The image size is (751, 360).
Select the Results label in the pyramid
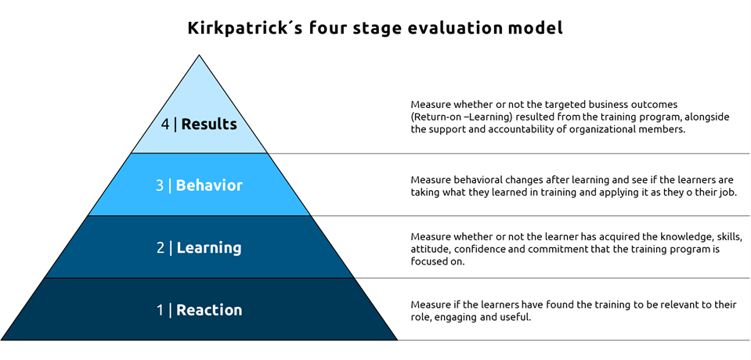209,124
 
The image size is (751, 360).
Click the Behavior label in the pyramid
209,185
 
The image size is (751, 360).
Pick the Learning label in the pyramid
209,248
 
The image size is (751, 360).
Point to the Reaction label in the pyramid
209,310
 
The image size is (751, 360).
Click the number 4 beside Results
165,124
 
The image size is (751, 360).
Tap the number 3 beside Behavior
160,185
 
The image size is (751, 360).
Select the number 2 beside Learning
161,248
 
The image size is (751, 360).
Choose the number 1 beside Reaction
161,310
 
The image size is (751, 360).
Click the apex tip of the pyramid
199,55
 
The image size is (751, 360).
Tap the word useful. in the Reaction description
518,318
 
